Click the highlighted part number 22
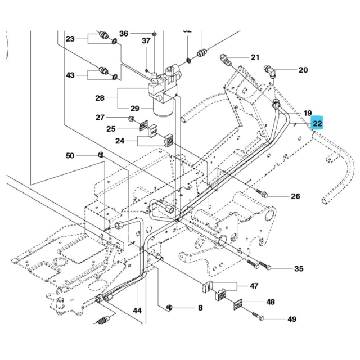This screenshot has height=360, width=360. (x=318, y=124)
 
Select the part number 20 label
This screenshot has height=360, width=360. (x=303, y=70)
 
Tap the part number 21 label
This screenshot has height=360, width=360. (x=255, y=57)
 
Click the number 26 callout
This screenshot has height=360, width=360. (x=295, y=196)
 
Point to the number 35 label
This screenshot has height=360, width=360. (x=299, y=269)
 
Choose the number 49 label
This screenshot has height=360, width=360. (x=291, y=319)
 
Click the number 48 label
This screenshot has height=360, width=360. (x=271, y=302)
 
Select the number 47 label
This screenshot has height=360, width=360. (x=254, y=286)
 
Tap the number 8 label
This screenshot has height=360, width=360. (x=199, y=308)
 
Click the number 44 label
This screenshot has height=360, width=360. (x=137, y=310)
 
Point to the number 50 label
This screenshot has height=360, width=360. (x=70, y=155)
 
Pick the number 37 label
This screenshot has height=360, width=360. (x=146, y=40)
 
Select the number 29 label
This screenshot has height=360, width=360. (x=134, y=108)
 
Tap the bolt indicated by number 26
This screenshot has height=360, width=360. (x=263, y=194)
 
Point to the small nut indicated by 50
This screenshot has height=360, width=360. (x=101, y=155)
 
